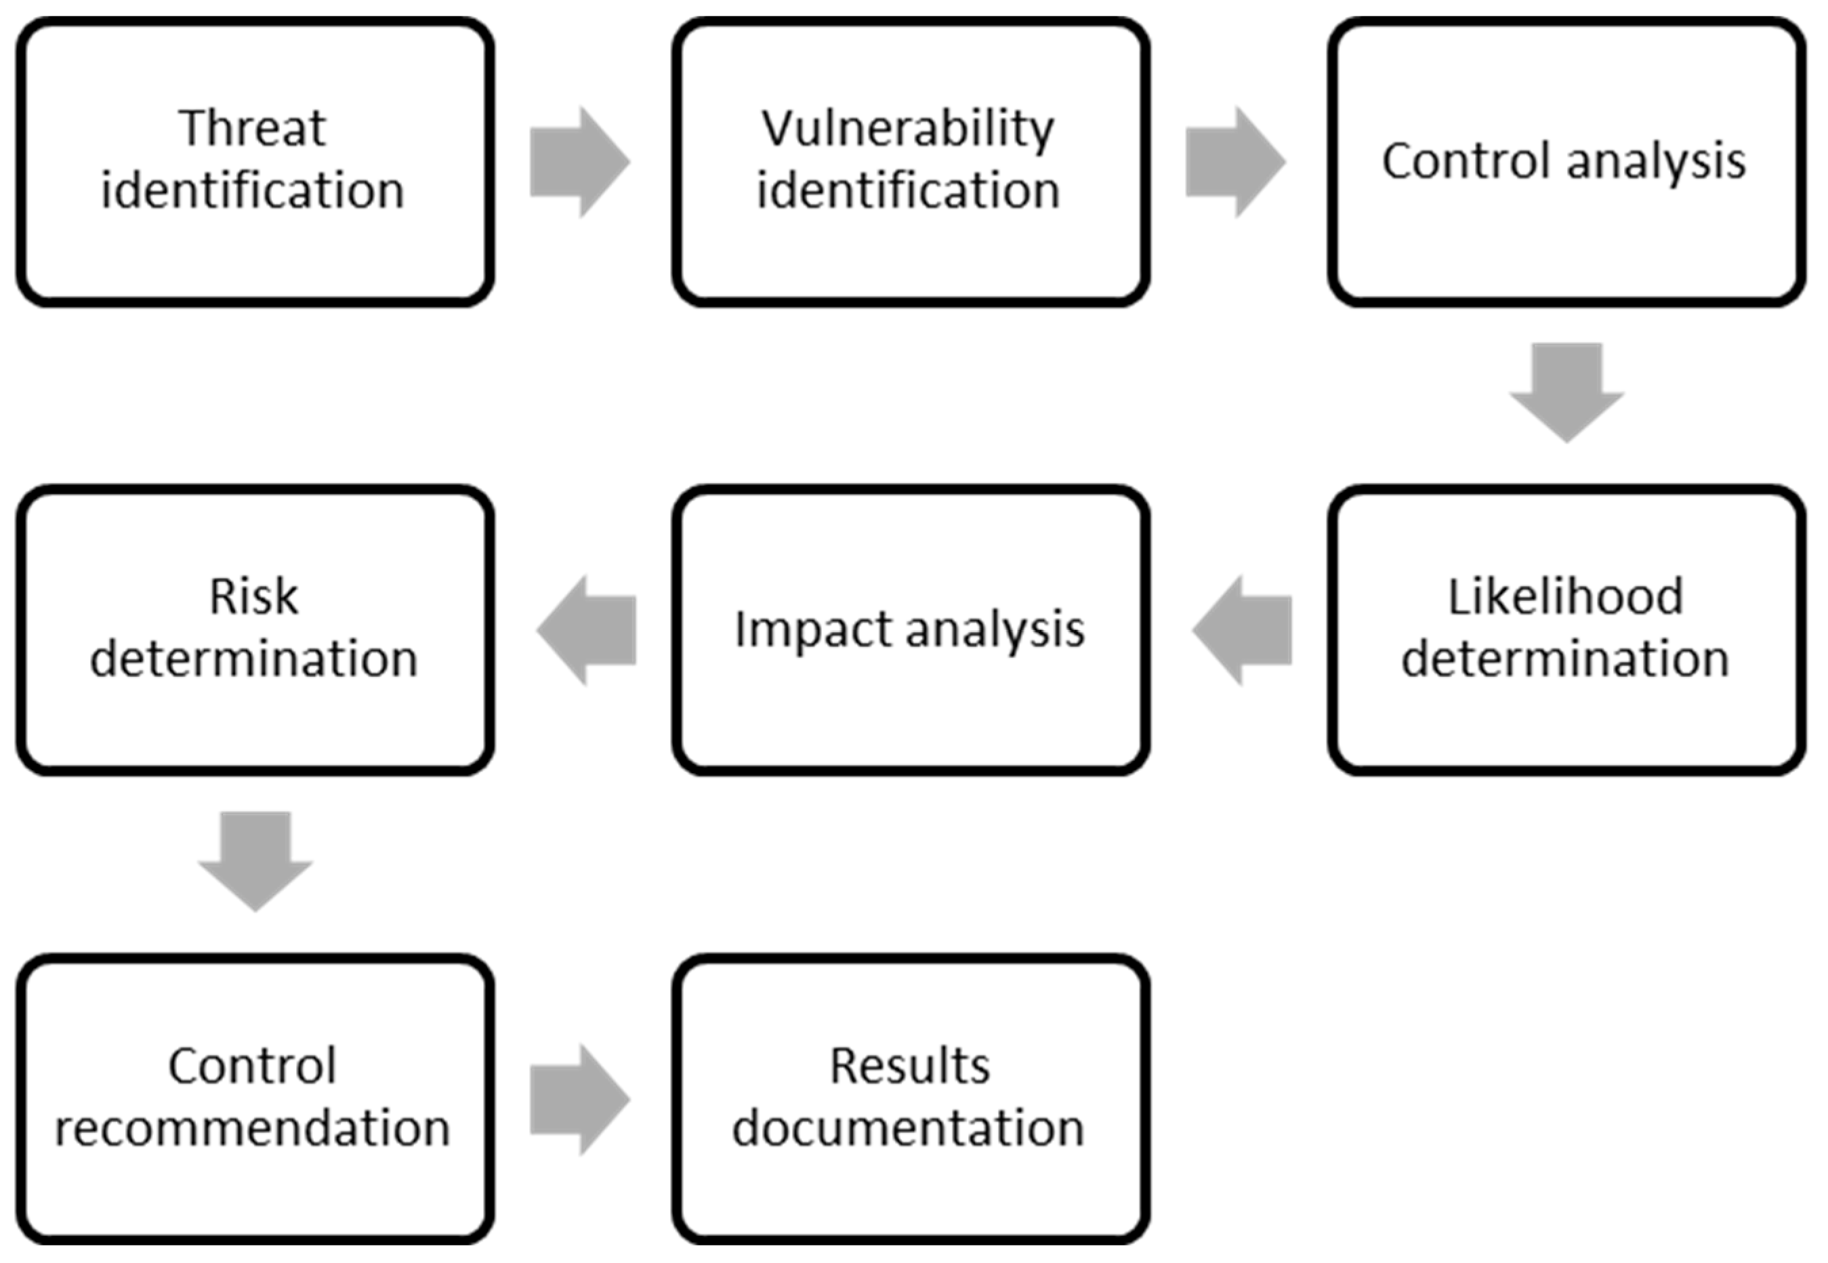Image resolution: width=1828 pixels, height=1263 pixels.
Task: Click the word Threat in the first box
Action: click(x=253, y=128)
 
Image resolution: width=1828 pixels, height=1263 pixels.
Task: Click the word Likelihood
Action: click(x=1565, y=597)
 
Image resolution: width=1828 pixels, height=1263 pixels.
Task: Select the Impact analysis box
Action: click(x=910, y=631)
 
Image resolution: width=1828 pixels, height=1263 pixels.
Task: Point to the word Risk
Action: click(x=254, y=597)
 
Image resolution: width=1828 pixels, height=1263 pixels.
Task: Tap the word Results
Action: click(x=910, y=1066)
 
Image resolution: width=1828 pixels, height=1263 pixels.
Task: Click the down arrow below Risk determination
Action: click(x=255, y=861)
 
